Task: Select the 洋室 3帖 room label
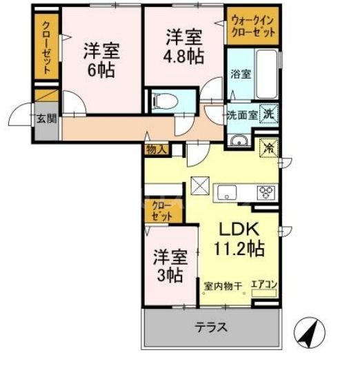(x=169, y=265)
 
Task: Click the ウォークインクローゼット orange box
(x=252, y=28)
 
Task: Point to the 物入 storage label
(x=156, y=148)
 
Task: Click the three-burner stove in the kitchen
(x=266, y=192)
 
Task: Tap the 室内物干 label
(x=222, y=284)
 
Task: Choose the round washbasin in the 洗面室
(x=238, y=141)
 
